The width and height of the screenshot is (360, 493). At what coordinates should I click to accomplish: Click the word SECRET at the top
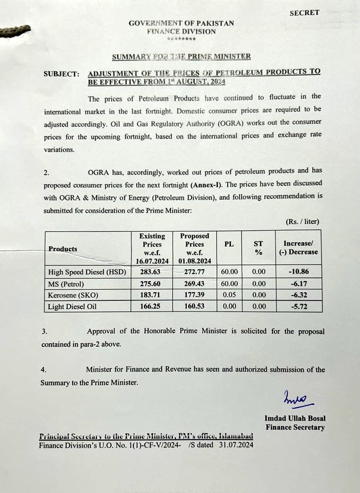304,13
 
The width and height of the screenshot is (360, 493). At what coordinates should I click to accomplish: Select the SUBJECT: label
61,74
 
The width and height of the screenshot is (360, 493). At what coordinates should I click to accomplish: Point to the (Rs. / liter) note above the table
302,222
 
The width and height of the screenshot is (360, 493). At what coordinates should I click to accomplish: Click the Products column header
63,249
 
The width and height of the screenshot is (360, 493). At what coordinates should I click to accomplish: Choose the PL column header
229,244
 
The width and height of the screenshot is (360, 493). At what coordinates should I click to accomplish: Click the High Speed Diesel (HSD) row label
87,272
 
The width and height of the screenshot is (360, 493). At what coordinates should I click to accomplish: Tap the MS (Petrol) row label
66,284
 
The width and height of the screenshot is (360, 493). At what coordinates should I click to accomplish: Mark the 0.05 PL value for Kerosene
229,295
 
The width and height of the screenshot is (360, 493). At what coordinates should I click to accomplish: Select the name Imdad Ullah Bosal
294,418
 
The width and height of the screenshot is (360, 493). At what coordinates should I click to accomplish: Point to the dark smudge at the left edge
14,32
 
